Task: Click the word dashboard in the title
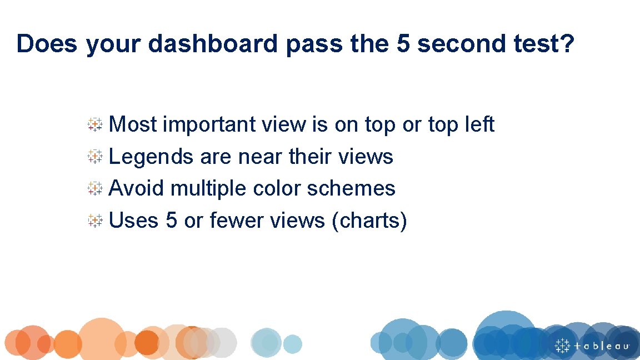click(x=213, y=44)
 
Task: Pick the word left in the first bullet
click(x=479, y=124)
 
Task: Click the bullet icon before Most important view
click(x=95, y=125)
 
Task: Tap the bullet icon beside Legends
click(x=95, y=157)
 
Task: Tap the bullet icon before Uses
click(x=95, y=221)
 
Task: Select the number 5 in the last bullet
click(x=171, y=221)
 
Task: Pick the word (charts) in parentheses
click(x=369, y=221)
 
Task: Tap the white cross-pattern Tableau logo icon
click(x=562, y=345)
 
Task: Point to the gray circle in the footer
click(x=222, y=342)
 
